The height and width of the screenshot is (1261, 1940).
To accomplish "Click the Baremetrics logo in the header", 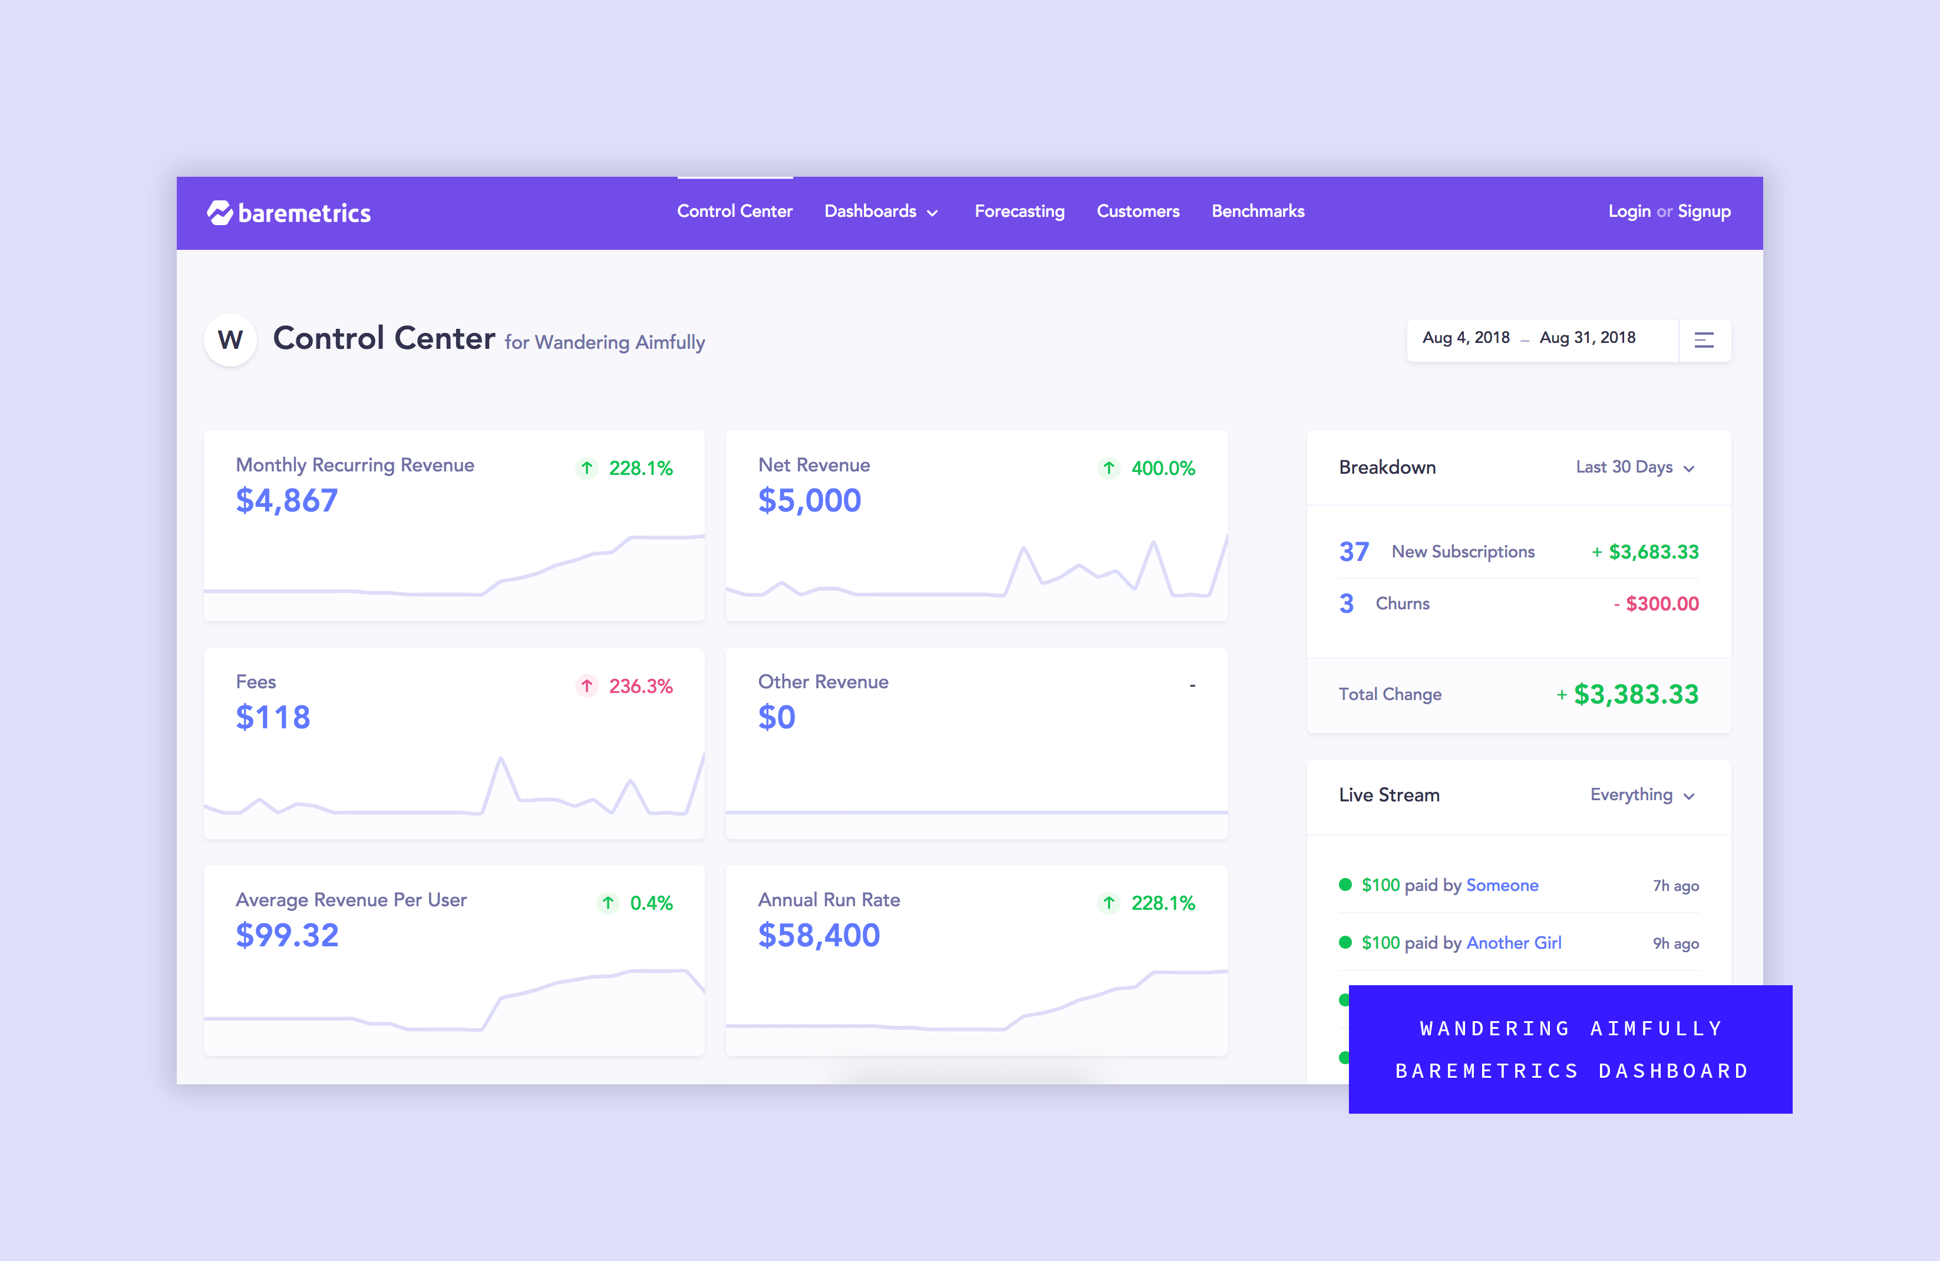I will (x=289, y=213).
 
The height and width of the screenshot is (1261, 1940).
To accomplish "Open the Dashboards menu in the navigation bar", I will (x=880, y=212).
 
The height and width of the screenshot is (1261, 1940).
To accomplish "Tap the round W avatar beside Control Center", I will (x=230, y=339).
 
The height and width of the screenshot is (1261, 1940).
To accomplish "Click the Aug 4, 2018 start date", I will (x=1466, y=338).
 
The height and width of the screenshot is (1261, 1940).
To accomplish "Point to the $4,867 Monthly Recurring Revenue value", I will (x=286, y=500).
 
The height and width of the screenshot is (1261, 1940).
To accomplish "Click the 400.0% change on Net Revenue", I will (x=1162, y=468).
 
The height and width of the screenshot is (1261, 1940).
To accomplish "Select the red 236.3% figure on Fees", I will (x=640, y=686).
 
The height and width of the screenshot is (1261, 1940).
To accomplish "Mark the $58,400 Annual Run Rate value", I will (x=819, y=936).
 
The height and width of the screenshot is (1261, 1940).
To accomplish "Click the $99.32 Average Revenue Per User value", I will (x=287, y=936).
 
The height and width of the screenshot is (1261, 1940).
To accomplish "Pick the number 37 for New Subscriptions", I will (x=1353, y=552).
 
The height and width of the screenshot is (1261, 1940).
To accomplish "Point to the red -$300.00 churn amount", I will (x=1657, y=604).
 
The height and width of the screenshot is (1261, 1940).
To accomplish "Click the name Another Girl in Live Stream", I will (x=1514, y=943).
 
